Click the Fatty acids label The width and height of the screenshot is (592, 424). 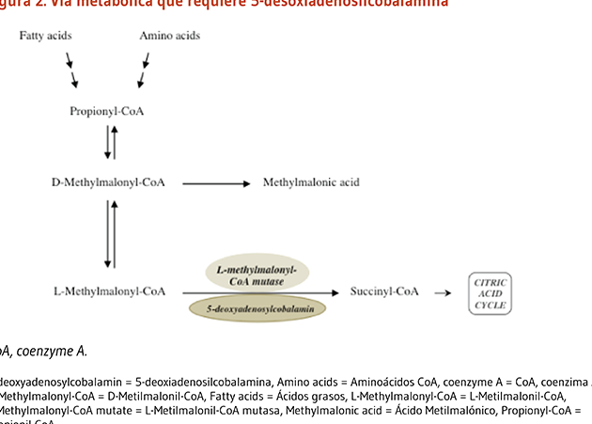point(46,36)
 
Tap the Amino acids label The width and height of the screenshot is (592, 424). point(169,36)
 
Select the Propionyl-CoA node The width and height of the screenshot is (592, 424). point(107,111)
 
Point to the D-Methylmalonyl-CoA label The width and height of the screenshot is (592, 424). point(108,181)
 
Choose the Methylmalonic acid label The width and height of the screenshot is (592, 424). point(311,181)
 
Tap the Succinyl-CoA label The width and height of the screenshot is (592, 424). point(384,291)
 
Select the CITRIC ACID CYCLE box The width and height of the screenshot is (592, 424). point(490,292)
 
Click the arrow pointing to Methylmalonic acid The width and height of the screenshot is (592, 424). point(215,182)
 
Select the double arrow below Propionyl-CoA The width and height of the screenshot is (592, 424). point(110,142)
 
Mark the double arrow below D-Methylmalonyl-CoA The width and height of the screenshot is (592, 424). point(110,234)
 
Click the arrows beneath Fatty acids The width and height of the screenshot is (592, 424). point(71,67)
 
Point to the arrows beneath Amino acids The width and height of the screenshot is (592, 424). point(144,67)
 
